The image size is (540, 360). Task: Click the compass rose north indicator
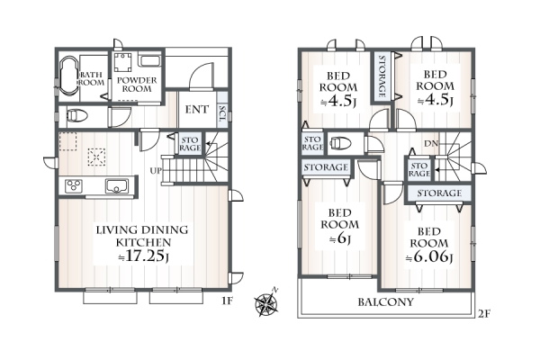266,303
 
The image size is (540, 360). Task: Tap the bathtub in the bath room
69,76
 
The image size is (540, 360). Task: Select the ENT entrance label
196,110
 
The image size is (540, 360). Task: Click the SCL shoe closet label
222,113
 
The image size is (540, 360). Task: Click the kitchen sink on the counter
117,186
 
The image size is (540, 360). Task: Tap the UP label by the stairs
156,170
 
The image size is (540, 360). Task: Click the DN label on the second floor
431,144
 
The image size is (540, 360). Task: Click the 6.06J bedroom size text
429,256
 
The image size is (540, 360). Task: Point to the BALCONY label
385,302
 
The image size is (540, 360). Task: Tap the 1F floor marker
227,301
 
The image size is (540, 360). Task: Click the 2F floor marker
483,314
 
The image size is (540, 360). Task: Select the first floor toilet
76,116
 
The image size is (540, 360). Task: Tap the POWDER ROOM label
137,85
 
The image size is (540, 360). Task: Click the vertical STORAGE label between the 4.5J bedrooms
382,76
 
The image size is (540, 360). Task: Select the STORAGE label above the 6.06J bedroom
439,193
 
